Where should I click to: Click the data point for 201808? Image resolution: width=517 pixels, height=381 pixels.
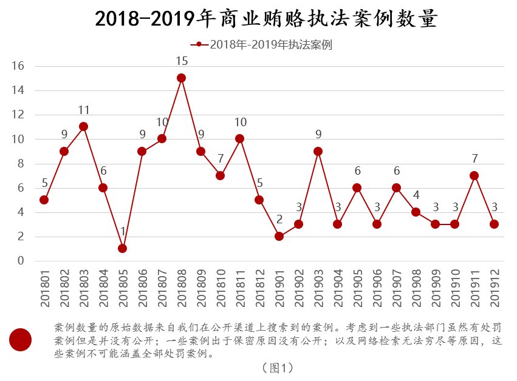click(x=181, y=78)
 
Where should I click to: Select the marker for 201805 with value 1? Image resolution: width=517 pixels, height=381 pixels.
click(x=123, y=248)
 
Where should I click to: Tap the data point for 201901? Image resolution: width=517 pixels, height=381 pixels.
click(x=279, y=236)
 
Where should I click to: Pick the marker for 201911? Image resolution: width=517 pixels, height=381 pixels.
click(x=474, y=175)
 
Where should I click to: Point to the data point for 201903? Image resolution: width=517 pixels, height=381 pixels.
click(x=318, y=151)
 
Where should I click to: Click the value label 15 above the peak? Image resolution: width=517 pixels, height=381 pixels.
click(x=181, y=61)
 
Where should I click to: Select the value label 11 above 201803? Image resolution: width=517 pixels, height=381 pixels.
click(x=84, y=110)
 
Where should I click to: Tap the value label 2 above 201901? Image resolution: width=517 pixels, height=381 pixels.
click(x=279, y=219)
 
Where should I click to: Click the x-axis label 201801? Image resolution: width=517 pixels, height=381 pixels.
click(x=44, y=288)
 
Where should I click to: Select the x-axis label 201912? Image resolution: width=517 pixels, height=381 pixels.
click(x=495, y=288)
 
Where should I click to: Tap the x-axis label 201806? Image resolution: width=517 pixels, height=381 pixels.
click(x=142, y=288)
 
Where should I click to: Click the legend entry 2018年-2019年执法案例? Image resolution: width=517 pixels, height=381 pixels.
click(x=261, y=44)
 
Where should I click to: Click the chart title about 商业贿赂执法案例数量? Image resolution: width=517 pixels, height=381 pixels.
click(x=266, y=19)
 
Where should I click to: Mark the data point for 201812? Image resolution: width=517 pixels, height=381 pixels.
click(x=259, y=200)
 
